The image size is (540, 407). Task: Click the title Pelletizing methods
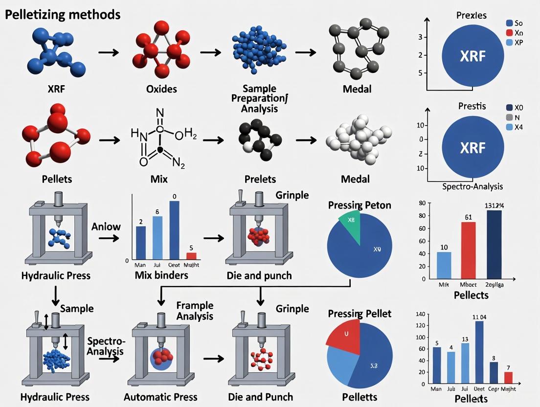pos(63,14)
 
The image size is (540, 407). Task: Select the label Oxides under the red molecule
pos(161,89)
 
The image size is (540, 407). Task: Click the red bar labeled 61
pos(468,250)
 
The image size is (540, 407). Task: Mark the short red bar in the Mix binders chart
pos(191,256)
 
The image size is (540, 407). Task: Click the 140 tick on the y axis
pos(419,314)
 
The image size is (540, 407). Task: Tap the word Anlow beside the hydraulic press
pos(106,226)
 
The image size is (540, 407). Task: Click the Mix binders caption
pos(161,275)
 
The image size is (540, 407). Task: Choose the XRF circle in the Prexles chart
pos(473,56)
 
